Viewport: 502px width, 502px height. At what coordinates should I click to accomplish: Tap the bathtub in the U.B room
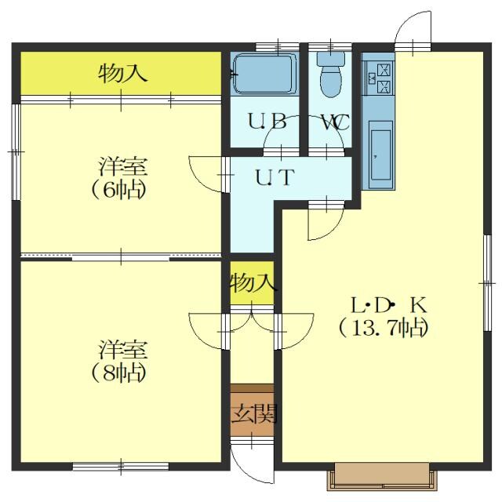(x=264, y=74)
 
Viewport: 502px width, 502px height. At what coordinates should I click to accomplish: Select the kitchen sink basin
(x=380, y=155)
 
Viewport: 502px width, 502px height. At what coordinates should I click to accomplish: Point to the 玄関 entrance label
(x=254, y=413)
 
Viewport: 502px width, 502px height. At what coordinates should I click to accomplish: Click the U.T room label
(x=275, y=177)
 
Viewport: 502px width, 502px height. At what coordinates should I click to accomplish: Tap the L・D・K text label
(x=389, y=305)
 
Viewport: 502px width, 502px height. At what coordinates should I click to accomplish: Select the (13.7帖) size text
(x=384, y=328)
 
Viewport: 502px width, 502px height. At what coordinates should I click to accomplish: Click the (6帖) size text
(x=119, y=190)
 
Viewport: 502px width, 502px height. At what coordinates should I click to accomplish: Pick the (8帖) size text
(x=119, y=373)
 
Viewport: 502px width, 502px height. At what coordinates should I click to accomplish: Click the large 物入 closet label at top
(x=122, y=73)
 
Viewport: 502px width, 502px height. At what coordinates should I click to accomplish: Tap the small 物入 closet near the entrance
(x=253, y=283)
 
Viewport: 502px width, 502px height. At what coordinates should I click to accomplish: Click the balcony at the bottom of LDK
(x=382, y=476)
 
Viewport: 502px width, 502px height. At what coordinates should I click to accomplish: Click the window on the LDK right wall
(x=487, y=283)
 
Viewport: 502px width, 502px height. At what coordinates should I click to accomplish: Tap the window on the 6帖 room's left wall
(x=16, y=151)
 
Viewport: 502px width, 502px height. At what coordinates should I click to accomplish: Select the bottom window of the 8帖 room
(x=121, y=467)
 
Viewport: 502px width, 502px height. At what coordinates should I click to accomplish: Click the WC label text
(x=335, y=122)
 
